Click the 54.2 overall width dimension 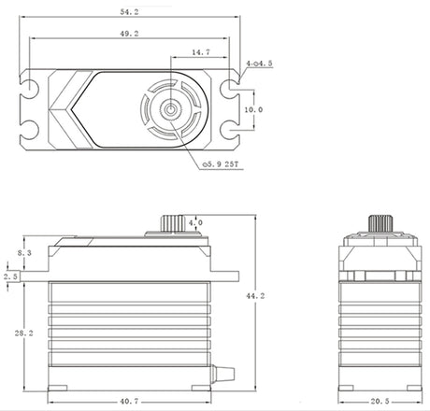coord(129,12)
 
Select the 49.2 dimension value coord(129,34)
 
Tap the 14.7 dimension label coord(201,52)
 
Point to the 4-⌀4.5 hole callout coord(259,64)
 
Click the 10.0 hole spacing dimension coord(253,109)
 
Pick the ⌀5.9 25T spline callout coord(221,164)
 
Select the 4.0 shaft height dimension coord(195,222)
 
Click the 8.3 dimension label coord(24,253)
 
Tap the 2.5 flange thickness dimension coord(11,276)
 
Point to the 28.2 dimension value coord(23,333)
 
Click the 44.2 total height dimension coord(255,296)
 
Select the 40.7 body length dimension coord(129,402)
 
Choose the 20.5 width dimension coord(380,402)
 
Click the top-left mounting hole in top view coord(30,86)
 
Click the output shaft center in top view coord(170,109)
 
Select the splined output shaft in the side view coord(172,223)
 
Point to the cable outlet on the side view coord(222,374)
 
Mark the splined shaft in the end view coord(380,223)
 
